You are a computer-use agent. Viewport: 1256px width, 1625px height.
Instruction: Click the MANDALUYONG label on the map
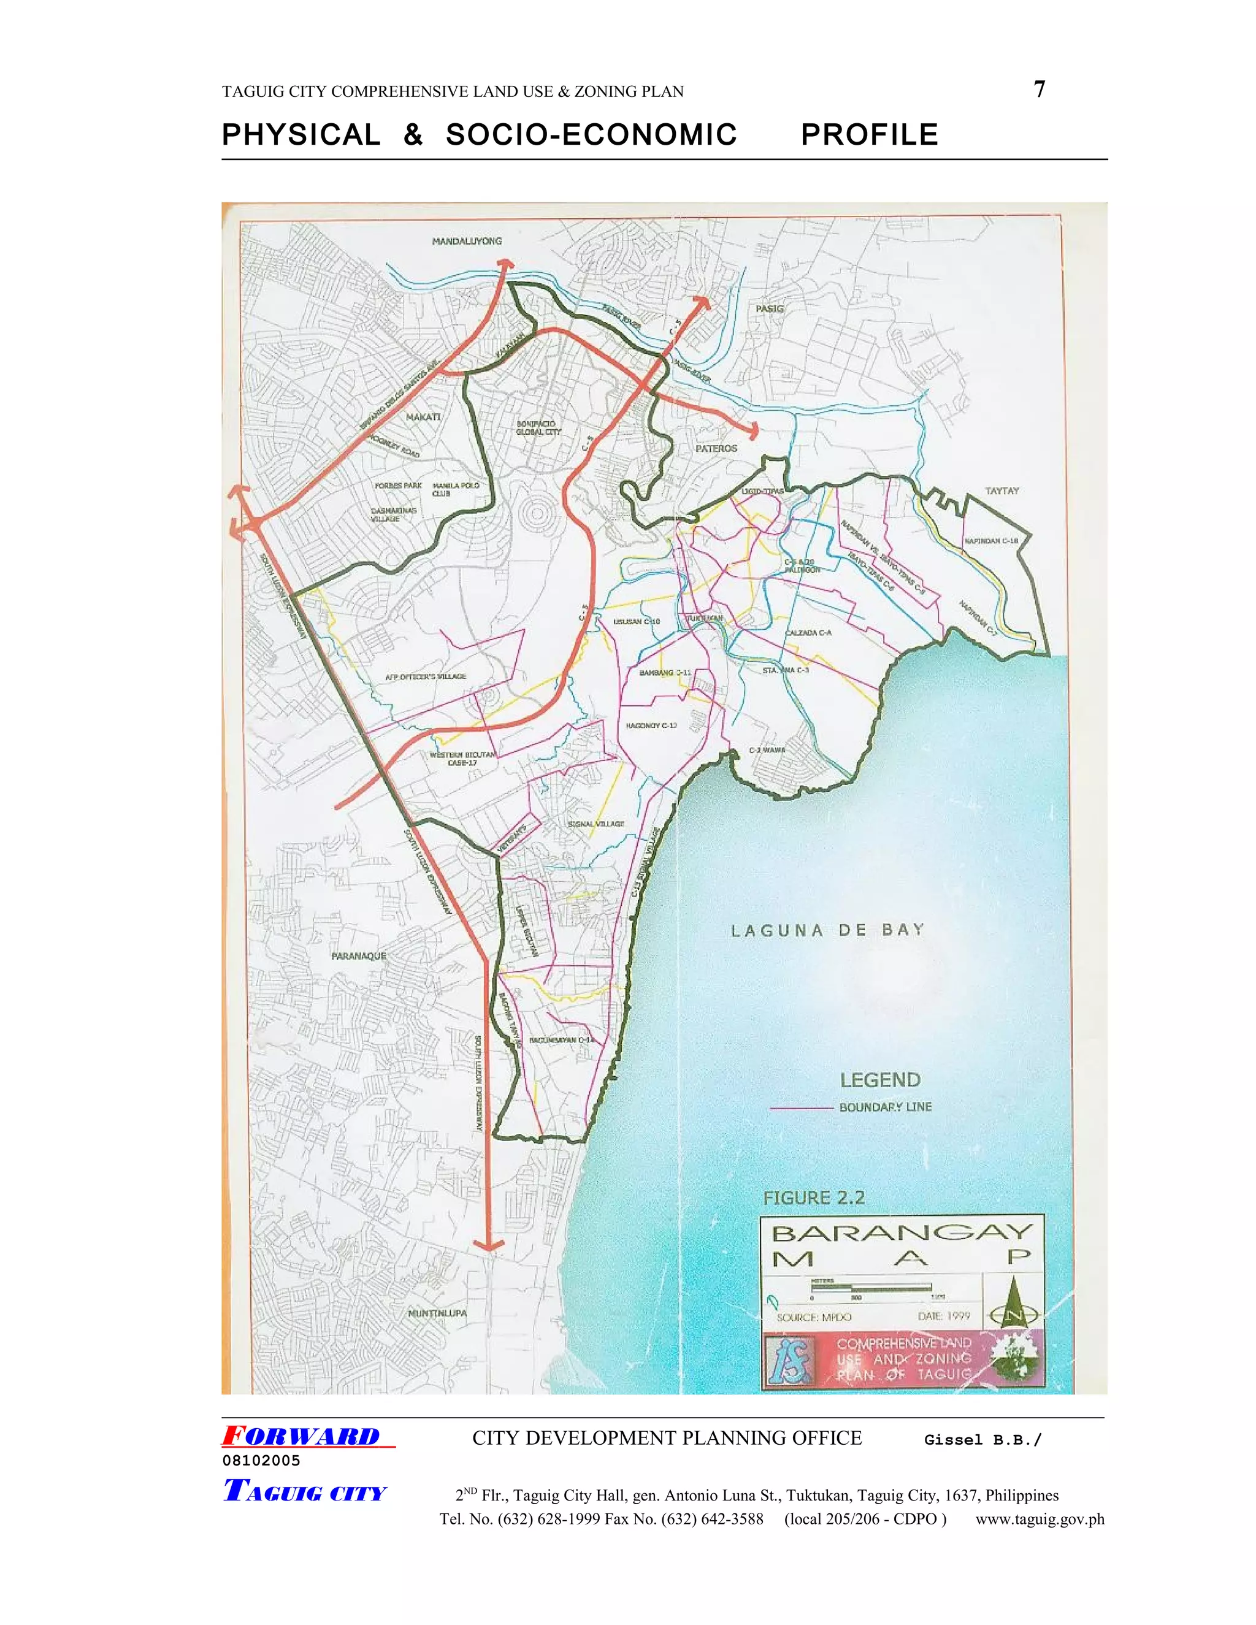(467, 241)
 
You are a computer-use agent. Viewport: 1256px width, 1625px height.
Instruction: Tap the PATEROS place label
(716, 449)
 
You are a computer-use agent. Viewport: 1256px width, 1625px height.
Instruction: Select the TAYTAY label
(1001, 491)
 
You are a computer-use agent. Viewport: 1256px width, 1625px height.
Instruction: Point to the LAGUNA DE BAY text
(827, 930)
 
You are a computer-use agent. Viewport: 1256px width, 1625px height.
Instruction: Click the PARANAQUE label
(359, 955)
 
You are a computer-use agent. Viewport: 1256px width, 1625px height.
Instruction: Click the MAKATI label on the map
(423, 418)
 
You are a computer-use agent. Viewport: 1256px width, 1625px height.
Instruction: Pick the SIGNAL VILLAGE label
(595, 824)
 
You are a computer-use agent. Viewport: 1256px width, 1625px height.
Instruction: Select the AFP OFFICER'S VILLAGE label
(426, 676)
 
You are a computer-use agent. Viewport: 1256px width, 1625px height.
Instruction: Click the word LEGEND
(880, 1080)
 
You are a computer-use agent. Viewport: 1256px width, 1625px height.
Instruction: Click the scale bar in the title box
(871, 1287)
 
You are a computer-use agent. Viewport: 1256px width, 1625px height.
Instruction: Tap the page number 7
(1040, 90)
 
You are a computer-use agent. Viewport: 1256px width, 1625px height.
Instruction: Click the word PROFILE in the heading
(869, 135)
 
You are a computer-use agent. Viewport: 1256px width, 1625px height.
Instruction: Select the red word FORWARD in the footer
(302, 1436)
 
